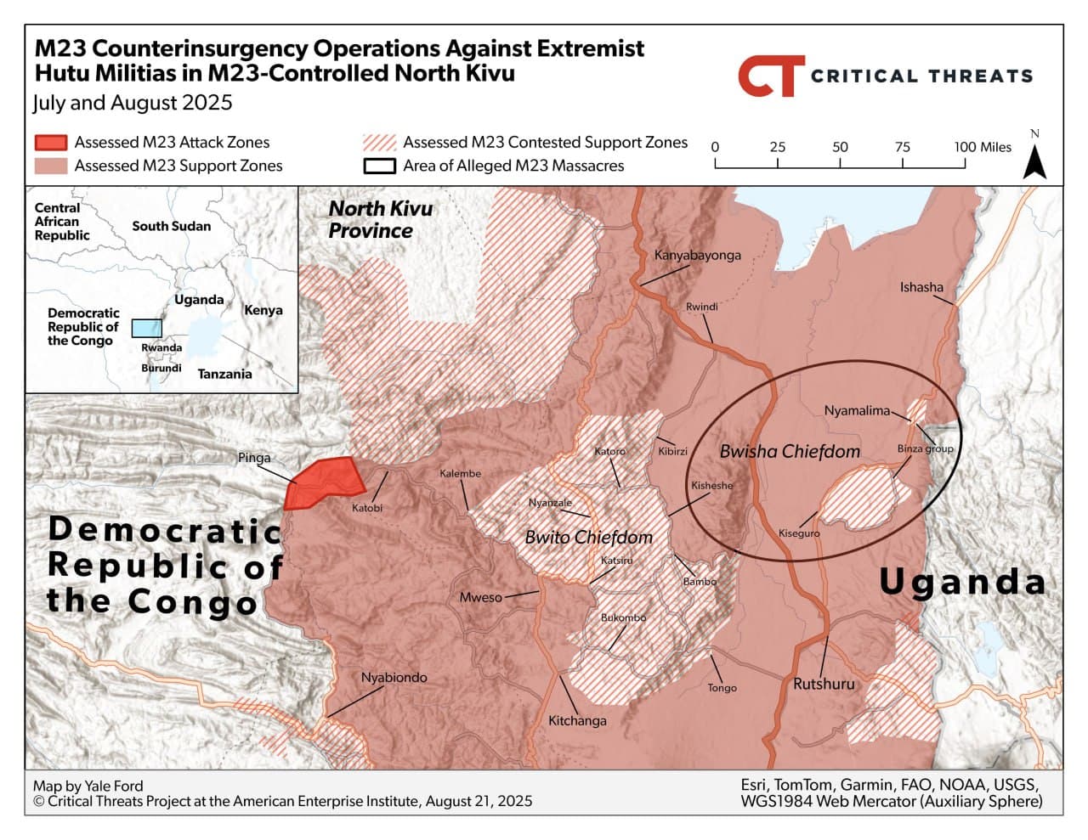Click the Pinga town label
pos(253,458)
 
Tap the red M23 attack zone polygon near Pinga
pos(324,482)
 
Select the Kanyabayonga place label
pos(697,255)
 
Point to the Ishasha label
pos(921,287)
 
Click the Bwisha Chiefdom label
pos(789,452)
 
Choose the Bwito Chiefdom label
pos(588,537)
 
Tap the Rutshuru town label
pos(823,684)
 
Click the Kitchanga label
pos(577,720)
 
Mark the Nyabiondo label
pos(394,678)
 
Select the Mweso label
pos(480,597)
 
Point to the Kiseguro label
pos(799,533)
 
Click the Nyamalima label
pos(857,411)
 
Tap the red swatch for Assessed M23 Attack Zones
pos(50,142)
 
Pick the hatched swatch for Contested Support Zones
pos(379,142)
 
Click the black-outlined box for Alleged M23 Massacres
pos(379,166)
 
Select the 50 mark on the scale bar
pos(840,147)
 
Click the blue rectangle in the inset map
pos(147,328)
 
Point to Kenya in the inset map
pos(263,310)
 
